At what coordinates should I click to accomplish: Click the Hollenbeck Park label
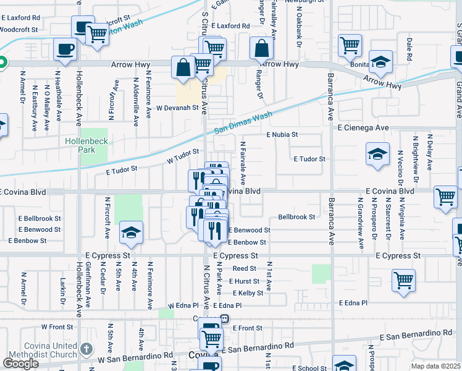click(x=86, y=146)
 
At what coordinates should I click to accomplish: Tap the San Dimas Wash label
click(x=243, y=123)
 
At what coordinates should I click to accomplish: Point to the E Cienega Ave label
click(x=363, y=127)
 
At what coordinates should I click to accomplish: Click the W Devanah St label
click(x=176, y=107)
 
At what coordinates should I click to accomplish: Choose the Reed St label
click(x=244, y=268)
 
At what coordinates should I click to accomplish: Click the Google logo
click(x=20, y=364)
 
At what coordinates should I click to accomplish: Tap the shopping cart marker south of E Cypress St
click(x=403, y=279)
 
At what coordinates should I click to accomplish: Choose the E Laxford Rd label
click(x=230, y=27)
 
